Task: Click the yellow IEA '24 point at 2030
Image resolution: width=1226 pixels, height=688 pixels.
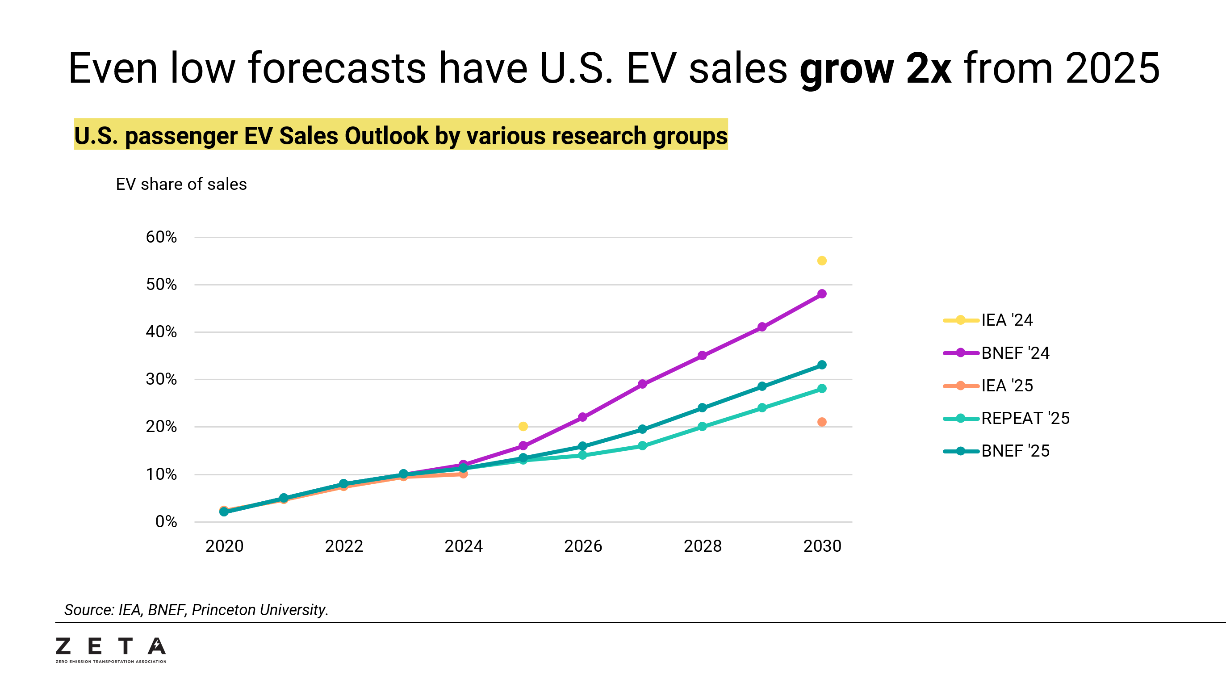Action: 821,260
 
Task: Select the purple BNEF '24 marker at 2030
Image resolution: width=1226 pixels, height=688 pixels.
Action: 821,294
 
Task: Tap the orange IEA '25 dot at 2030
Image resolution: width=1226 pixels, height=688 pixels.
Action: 821,422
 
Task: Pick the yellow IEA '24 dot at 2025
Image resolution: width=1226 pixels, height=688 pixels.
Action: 523,426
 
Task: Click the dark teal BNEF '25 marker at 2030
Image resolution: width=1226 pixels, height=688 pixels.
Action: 821,365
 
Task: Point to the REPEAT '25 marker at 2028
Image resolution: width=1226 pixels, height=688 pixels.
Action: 702,427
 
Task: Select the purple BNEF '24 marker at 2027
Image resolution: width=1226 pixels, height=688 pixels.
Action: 642,384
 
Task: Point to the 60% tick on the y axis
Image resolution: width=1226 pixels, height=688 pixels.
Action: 161,237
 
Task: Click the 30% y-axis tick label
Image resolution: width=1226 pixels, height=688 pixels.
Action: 161,379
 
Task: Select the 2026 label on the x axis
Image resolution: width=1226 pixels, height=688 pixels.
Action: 583,545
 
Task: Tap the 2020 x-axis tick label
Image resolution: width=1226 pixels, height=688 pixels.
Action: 224,545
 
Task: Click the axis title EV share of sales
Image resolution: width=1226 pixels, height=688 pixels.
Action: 181,184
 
